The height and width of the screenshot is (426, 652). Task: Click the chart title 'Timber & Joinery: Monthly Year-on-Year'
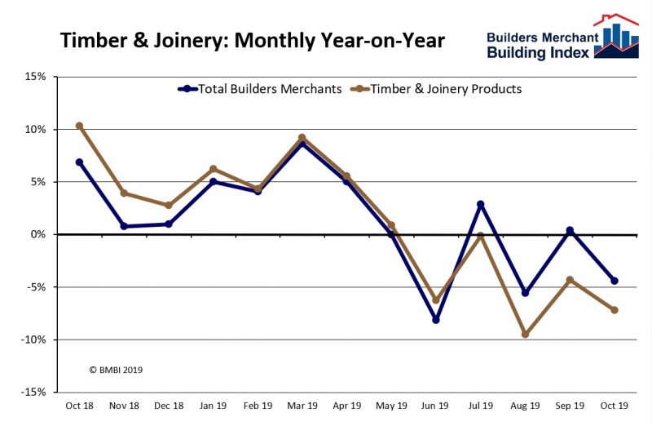coord(253,40)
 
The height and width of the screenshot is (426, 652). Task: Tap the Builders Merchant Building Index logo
coord(562,38)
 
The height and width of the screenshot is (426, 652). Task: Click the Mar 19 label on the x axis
coord(302,406)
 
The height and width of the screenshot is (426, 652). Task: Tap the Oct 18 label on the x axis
coord(79,406)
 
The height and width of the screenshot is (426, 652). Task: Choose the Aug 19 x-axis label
coord(525,406)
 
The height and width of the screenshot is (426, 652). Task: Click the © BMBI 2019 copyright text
coord(116,370)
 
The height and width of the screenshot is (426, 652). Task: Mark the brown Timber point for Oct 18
coord(79,126)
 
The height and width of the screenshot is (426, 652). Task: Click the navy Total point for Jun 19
coord(436,320)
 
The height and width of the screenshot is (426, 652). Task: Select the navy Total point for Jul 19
coord(481,204)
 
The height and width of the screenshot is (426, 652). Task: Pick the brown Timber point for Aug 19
coord(525,335)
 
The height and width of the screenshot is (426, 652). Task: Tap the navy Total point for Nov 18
coord(124,226)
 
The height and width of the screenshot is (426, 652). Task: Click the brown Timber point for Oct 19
coord(615,310)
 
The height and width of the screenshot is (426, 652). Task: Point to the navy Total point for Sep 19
coord(570,230)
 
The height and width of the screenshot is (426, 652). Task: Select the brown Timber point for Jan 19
coord(213,169)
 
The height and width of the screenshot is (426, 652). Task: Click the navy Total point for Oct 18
coord(79,162)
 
